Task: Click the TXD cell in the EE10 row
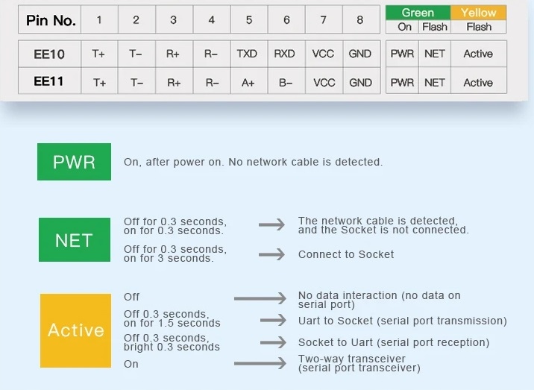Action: tap(247, 54)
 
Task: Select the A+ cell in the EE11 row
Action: tap(247, 83)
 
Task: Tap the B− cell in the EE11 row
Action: tap(286, 83)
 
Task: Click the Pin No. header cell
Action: tap(51, 21)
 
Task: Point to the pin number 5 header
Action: tap(248, 20)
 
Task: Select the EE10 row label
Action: tap(49, 54)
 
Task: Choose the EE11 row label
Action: tap(49, 82)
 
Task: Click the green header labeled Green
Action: tap(418, 13)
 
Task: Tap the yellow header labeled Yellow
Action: tap(478, 13)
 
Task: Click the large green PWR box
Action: tap(74, 162)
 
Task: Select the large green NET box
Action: tap(74, 240)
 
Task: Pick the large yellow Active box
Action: tap(75, 330)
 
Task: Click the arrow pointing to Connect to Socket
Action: tap(271, 254)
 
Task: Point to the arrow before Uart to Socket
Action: tap(272, 321)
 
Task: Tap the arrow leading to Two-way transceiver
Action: tap(260, 363)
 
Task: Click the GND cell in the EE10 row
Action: tap(360, 54)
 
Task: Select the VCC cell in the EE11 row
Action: tap(324, 83)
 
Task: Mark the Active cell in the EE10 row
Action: tap(478, 54)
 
